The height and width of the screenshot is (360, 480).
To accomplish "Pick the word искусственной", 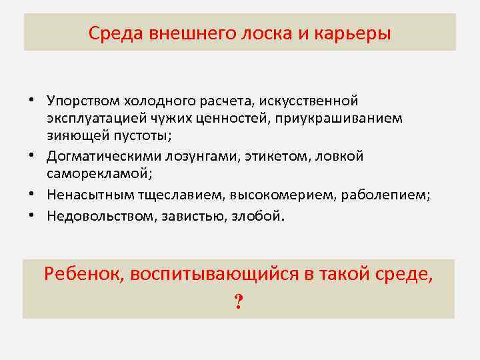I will pyautogui.click(x=310, y=101).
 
